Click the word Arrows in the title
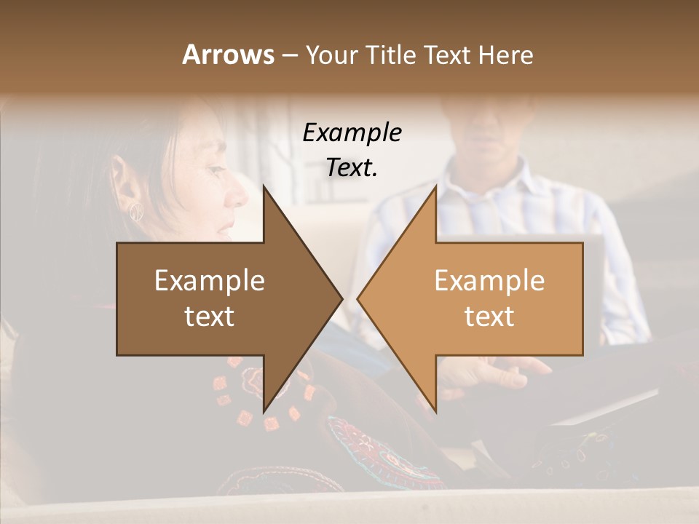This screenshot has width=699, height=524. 228,55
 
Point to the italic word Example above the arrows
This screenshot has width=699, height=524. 352,133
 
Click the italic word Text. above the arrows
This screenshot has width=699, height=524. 352,168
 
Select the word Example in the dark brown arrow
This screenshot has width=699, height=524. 209,281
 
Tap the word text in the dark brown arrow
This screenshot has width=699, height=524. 209,317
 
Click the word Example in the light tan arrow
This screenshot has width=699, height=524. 489,281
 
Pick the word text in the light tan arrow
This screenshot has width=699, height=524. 489,317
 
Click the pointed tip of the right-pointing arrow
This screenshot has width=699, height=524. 342,298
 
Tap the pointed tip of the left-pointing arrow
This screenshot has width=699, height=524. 358,298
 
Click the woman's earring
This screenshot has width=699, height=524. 136,212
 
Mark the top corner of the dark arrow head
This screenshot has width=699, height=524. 264,186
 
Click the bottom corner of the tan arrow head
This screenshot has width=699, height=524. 436,412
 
